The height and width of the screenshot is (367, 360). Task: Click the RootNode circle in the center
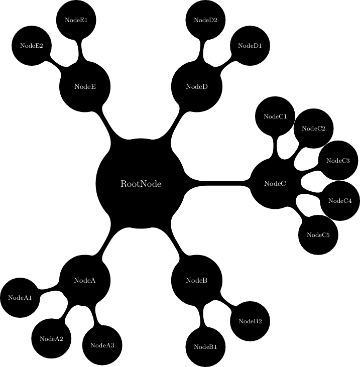[141, 184]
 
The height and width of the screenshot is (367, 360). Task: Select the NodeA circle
[85, 280]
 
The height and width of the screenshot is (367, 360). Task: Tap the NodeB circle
[197, 280]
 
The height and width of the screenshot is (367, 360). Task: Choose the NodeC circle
[275, 184]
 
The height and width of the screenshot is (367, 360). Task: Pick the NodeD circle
[197, 87]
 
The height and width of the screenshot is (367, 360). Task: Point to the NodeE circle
[85, 87]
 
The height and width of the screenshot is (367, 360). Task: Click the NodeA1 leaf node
[20, 298]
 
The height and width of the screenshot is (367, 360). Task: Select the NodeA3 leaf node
[102, 345]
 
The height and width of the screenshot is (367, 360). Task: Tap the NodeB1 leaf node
[205, 347]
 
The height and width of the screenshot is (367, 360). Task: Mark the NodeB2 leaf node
[250, 321]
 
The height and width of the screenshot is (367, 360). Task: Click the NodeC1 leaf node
[275, 116]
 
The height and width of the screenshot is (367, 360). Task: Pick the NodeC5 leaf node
[318, 235]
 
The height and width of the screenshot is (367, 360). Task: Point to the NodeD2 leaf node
[205, 20]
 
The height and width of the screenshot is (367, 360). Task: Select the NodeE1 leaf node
[76, 20]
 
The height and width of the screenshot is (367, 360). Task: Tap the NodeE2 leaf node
[32, 45]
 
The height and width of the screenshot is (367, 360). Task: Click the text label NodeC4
[340, 201]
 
